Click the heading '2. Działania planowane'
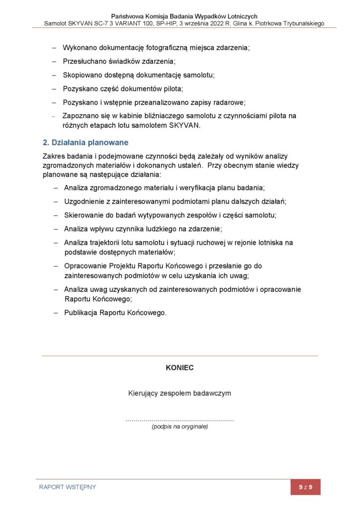click(x=86, y=143)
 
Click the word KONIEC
click(x=180, y=368)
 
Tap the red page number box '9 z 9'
click(x=305, y=487)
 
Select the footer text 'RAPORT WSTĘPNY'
click(x=68, y=487)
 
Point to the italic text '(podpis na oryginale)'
click(x=180, y=426)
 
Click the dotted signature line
click(x=180, y=421)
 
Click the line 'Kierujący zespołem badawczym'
click(x=180, y=393)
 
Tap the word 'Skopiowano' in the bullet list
click(x=82, y=75)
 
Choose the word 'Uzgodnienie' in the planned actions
click(x=84, y=201)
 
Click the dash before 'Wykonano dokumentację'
click(x=55, y=48)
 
